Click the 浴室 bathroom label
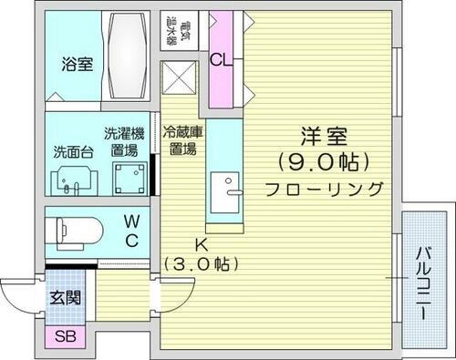76,66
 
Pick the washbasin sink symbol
70,181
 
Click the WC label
132,231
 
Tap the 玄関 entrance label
64,297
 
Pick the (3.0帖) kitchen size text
201,264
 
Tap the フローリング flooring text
324,189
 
